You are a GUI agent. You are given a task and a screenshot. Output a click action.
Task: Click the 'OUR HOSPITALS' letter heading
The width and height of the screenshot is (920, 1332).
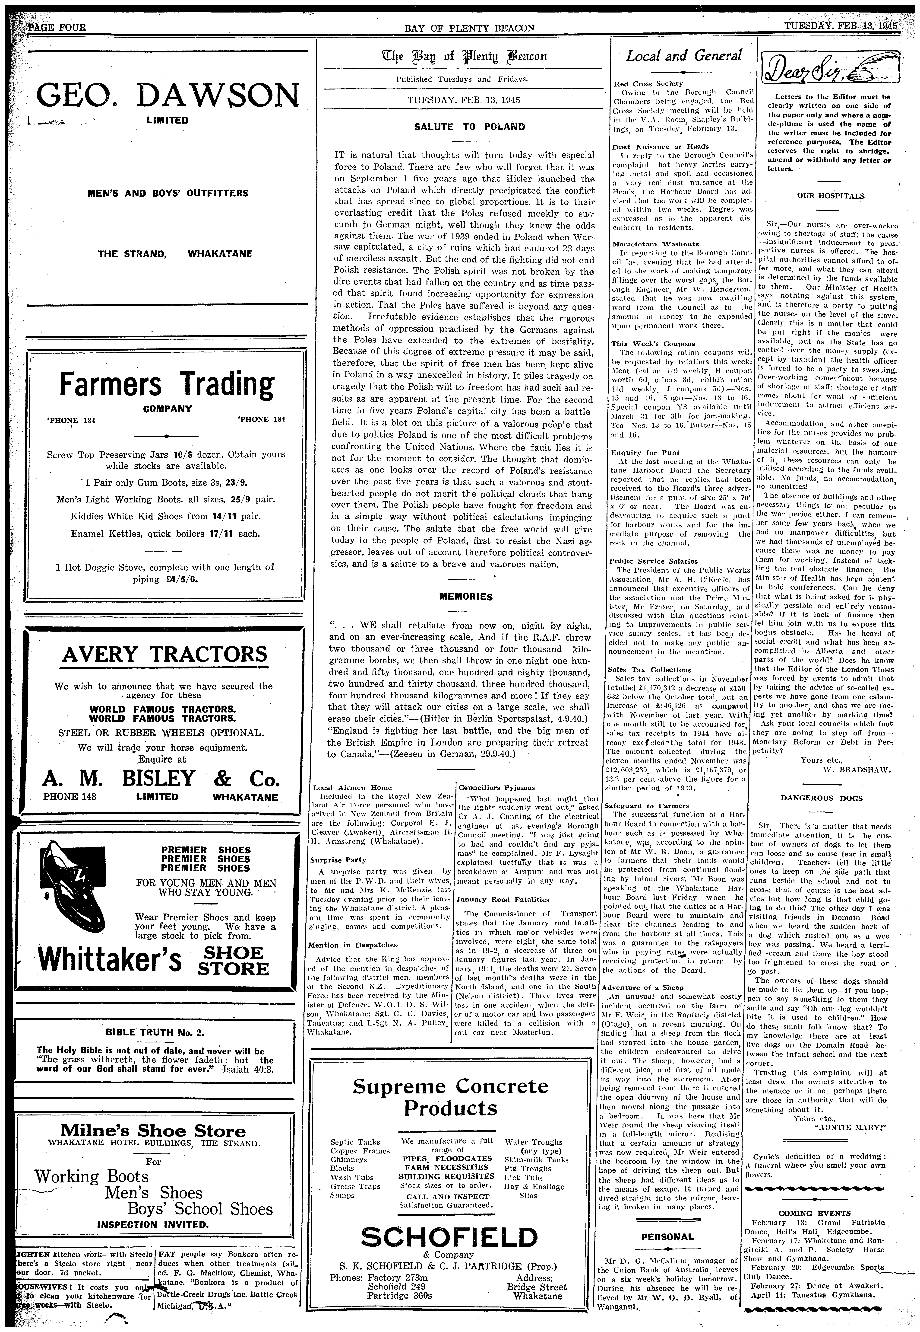pos(830,195)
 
